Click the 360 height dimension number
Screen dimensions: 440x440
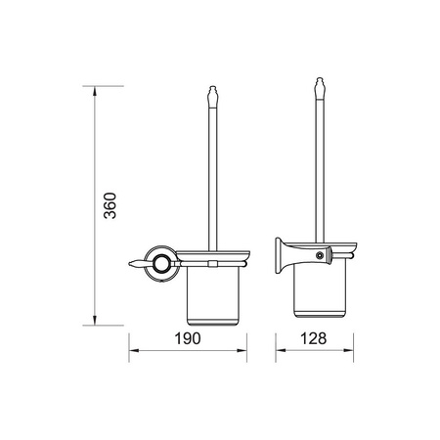click(110, 205)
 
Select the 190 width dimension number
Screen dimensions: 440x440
click(188, 338)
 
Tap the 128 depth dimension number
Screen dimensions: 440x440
click(313, 338)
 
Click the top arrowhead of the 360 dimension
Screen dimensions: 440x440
click(95, 91)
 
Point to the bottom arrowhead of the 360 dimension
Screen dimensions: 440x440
click(95, 321)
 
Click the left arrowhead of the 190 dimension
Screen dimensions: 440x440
click(134, 351)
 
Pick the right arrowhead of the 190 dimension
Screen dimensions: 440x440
click(242, 351)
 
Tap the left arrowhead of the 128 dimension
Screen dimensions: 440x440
click(281, 351)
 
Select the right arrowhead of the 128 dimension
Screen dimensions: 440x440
click(348, 351)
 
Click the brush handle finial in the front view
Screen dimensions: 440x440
click(212, 97)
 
